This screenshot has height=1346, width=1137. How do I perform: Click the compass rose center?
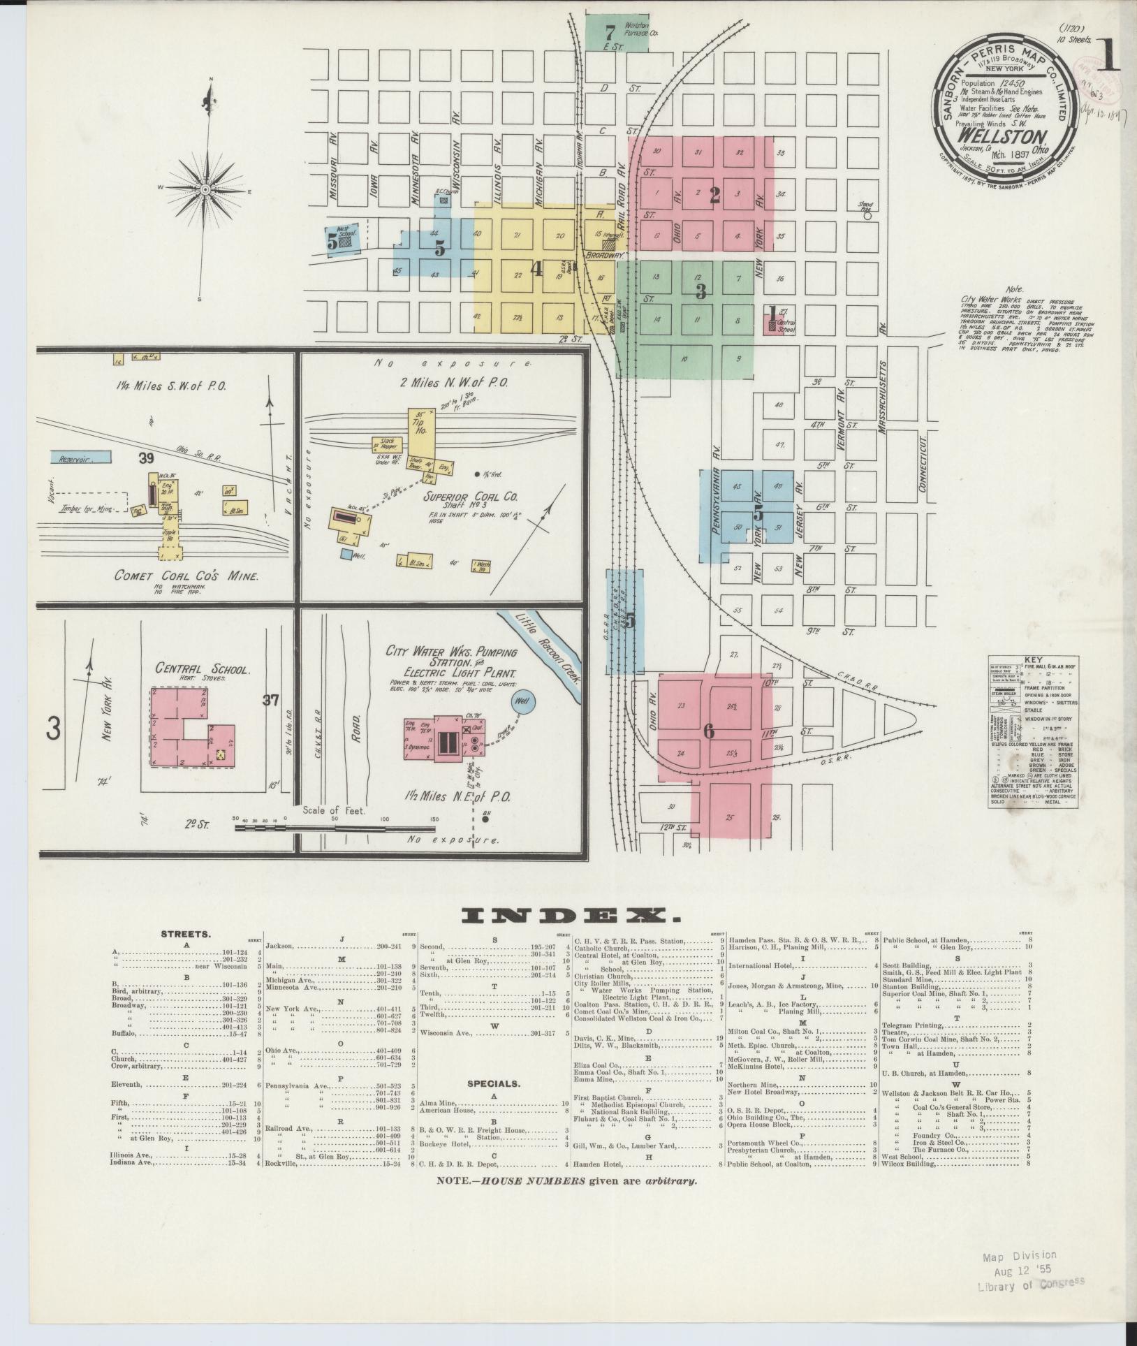(x=205, y=189)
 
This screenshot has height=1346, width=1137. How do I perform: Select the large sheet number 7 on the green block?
(x=609, y=31)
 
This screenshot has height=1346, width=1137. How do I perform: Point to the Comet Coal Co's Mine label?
(x=187, y=576)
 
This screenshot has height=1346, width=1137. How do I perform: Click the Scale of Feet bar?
(x=335, y=828)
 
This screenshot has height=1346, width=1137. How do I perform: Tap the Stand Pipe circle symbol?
(x=867, y=216)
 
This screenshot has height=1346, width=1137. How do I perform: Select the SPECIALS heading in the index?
(x=494, y=1104)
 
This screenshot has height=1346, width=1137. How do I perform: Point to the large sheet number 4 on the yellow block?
(x=536, y=269)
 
